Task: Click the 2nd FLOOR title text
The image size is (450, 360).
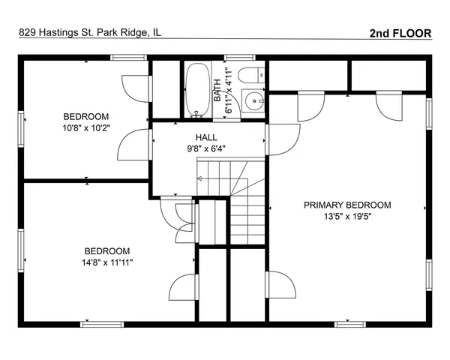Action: (400, 33)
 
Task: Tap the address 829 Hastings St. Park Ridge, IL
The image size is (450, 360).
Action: (89, 33)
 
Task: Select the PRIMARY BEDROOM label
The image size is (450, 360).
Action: (346, 205)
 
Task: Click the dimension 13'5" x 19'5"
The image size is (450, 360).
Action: (346, 216)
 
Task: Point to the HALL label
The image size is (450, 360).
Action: (206, 137)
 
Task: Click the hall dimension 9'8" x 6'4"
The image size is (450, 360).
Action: (206, 148)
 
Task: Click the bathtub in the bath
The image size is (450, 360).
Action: (198, 90)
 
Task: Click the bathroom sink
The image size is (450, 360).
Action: (256, 99)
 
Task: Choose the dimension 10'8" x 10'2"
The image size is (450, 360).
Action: (86, 127)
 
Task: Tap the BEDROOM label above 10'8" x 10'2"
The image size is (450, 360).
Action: (86, 116)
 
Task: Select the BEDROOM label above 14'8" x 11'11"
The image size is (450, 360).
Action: (106, 251)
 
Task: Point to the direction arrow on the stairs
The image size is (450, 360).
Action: (199, 178)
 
